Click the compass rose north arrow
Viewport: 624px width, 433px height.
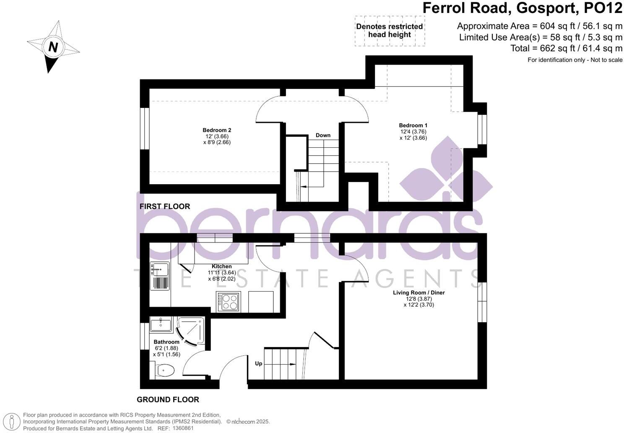tap(53, 47)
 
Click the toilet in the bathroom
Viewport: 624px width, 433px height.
tap(165, 370)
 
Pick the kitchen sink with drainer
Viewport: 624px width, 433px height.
tap(159, 276)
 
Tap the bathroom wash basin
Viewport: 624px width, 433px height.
tap(161, 324)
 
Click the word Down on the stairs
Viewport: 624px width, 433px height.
tap(323, 135)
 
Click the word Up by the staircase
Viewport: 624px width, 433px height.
tap(258, 363)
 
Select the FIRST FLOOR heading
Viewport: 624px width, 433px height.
tap(165, 206)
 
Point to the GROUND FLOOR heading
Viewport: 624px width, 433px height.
tap(168, 399)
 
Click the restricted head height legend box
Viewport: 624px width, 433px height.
tap(390, 31)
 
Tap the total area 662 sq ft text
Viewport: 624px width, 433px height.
tap(566, 48)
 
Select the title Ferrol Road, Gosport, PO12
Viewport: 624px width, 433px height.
tap(522, 8)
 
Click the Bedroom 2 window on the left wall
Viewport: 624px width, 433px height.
tap(145, 129)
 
